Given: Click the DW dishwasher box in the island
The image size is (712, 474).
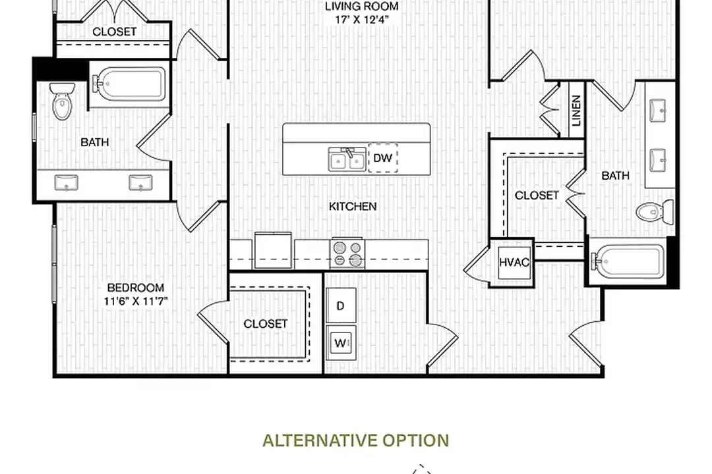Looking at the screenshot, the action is click(383, 158).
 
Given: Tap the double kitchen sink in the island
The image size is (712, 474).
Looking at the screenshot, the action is click(347, 159).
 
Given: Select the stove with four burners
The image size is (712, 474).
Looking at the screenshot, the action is click(347, 253).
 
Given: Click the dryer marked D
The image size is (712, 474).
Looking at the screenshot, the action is click(341, 305).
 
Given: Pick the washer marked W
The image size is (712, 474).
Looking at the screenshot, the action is click(341, 342).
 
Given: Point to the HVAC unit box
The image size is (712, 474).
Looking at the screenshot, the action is click(514, 262).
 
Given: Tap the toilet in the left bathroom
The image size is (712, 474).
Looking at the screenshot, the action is click(62, 101).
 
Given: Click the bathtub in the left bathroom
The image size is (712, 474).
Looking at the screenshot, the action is click(129, 84).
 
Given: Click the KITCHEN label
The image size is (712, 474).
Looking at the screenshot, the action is click(353, 206).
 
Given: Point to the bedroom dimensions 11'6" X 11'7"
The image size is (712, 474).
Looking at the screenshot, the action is click(136, 301).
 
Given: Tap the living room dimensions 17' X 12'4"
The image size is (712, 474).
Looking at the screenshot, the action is click(362, 20).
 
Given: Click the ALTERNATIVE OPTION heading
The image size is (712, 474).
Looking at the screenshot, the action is click(356, 440).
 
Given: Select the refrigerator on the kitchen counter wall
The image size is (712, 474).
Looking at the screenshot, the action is click(273, 250).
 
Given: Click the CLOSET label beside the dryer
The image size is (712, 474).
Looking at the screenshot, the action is click(266, 324).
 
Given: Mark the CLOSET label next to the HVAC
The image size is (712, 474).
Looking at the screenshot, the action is click(537, 196).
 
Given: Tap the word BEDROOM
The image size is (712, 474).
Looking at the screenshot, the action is click(136, 288).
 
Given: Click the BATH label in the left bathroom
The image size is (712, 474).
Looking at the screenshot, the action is click(95, 142).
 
